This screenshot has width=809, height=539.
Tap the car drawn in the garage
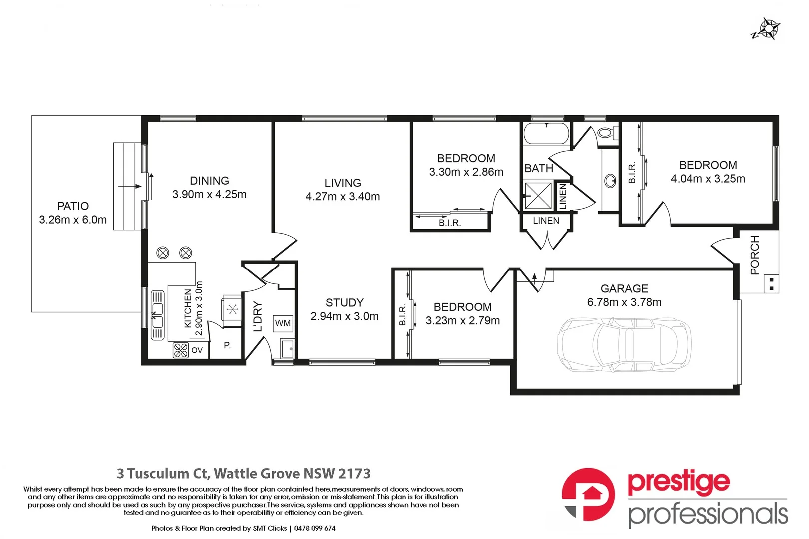click(x=624, y=345)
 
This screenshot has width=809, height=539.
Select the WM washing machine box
click(x=283, y=323)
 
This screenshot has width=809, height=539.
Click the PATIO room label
click(x=73, y=206)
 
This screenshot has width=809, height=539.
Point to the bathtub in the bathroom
click(x=546, y=133)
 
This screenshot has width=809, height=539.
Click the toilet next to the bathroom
click(x=607, y=133)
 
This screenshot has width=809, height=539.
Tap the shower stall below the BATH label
click(x=538, y=195)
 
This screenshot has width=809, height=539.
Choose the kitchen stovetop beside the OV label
click(x=181, y=350)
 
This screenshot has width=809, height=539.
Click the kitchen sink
click(x=157, y=315)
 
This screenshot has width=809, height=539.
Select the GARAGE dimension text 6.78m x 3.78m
click(x=624, y=302)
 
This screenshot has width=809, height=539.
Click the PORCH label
click(x=755, y=255)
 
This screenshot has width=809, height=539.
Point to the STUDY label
click(x=344, y=303)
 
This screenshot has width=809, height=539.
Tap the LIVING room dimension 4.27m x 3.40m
click(x=343, y=197)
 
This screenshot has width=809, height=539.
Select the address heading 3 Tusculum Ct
click(x=244, y=473)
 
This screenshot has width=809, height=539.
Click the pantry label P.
click(x=227, y=345)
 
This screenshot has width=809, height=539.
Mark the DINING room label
click(x=209, y=181)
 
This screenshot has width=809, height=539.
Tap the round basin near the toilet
click(x=610, y=180)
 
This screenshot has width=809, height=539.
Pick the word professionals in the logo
click(x=708, y=514)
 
